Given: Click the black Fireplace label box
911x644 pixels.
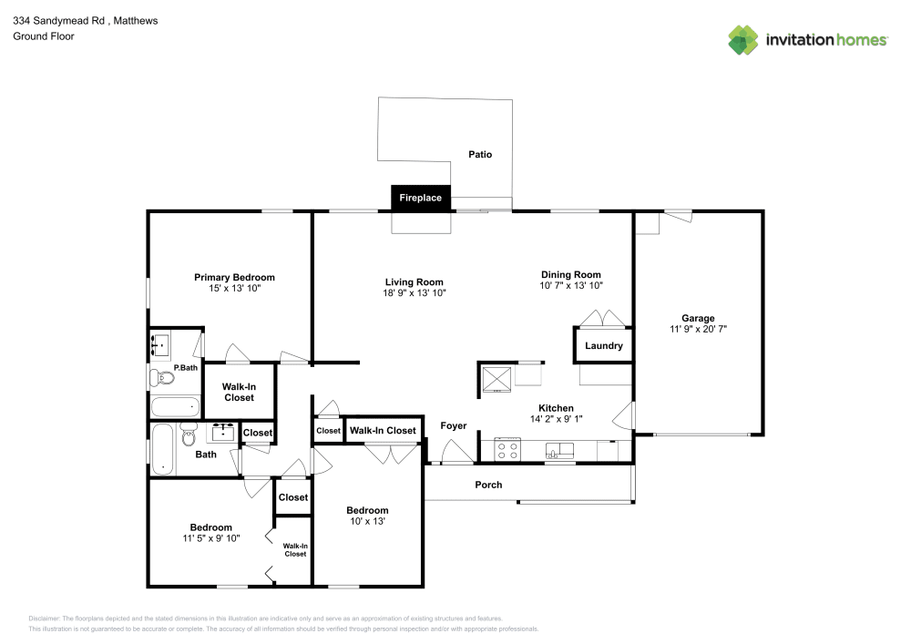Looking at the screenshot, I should pyautogui.click(x=420, y=198).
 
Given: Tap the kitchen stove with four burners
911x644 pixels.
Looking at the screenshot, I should pyautogui.click(x=507, y=449).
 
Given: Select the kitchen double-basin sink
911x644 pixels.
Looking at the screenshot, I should pyautogui.click(x=559, y=450).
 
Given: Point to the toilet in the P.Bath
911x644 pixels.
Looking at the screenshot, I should pyautogui.click(x=161, y=376).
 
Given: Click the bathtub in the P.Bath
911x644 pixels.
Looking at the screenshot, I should pyautogui.click(x=174, y=406).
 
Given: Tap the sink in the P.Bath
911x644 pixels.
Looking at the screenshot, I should pyautogui.click(x=160, y=344).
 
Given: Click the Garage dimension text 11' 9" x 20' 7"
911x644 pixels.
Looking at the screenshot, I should pyautogui.click(x=698, y=329).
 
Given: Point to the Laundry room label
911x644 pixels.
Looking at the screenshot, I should pyautogui.click(x=603, y=345).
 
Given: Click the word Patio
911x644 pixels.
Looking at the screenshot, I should pyautogui.click(x=480, y=155).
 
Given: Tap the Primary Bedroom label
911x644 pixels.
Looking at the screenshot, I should pyautogui.click(x=234, y=277).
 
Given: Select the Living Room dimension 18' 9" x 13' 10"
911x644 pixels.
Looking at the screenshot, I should pyautogui.click(x=414, y=293).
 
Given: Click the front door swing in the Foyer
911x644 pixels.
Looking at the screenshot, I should pyautogui.click(x=452, y=453).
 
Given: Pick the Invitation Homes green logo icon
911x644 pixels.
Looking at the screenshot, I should pyautogui.click(x=743, y=39).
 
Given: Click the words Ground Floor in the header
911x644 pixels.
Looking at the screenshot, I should pyautogui.click(x=44, y=36).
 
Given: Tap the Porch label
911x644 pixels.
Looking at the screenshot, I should pyautogui.click(x=488, y=485).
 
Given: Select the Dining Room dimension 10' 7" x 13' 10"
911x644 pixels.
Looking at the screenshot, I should pyautogui.click(x=570, y=286).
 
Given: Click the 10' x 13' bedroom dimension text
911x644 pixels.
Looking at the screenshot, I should pyautogui.click(x=367, y=522).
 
